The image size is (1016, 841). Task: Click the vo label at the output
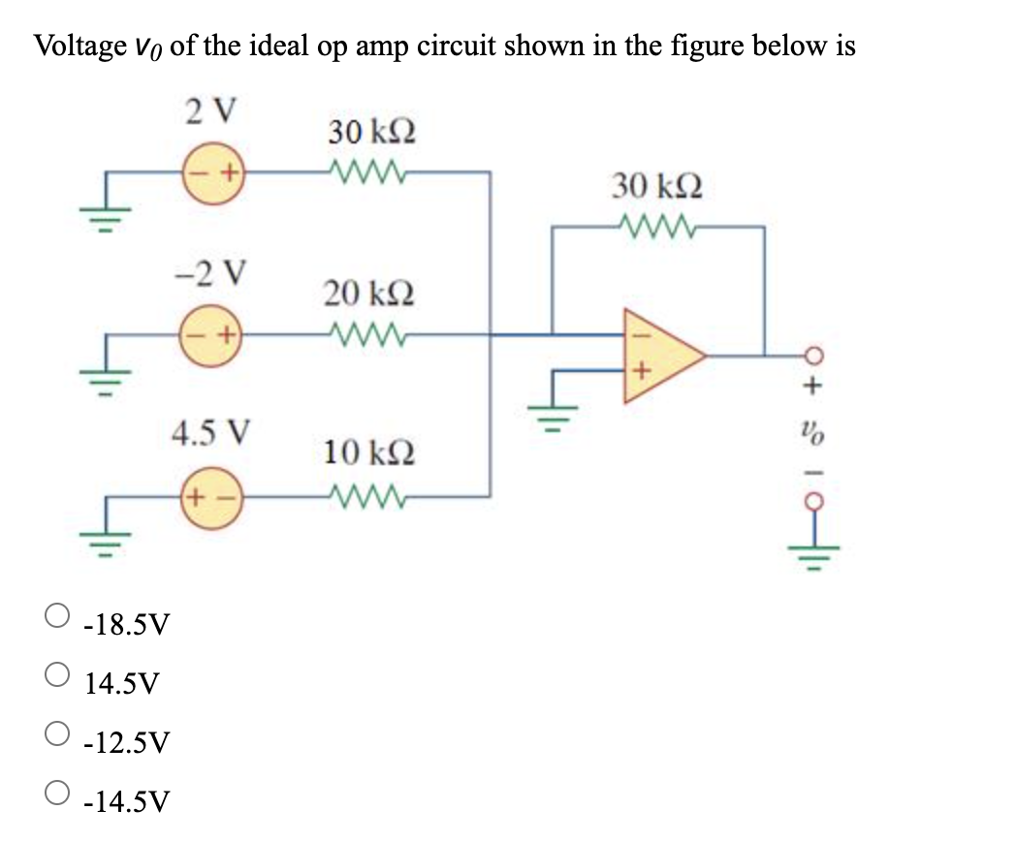[x=813, y=426]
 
